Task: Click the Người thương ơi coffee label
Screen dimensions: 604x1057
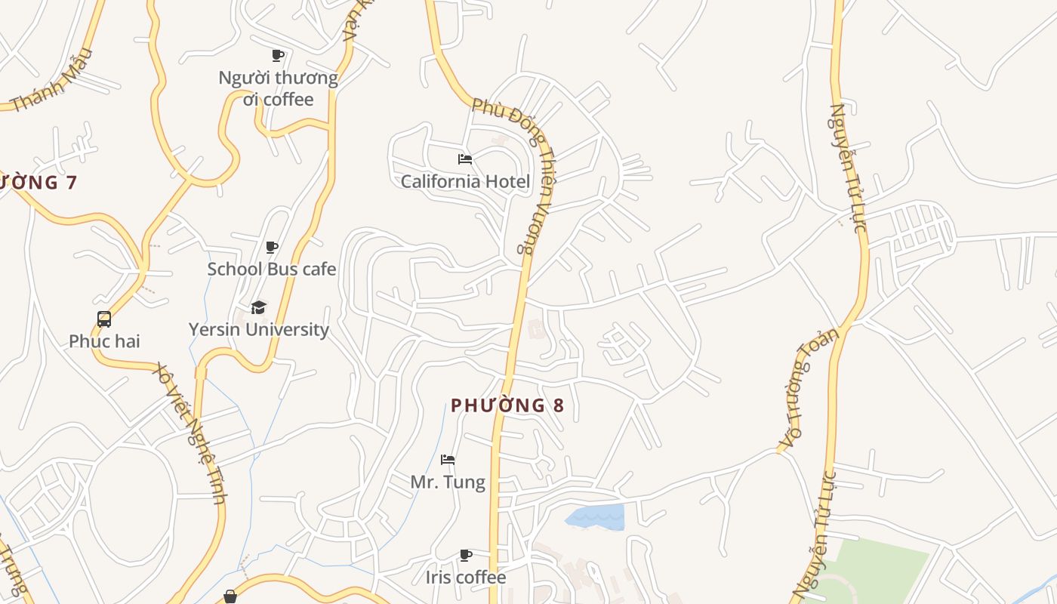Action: click(278, 88)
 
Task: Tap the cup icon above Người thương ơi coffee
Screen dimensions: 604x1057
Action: click(278, 55)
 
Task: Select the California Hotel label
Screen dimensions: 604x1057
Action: click(465, 181)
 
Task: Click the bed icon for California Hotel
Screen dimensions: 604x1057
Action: click(465, 159)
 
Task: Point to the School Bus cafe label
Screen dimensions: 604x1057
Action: click(272, 269)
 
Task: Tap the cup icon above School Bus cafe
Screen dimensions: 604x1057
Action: click(272, 247)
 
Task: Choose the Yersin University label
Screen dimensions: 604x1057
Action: click(259, 329)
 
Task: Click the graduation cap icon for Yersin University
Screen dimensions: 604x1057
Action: click(259, 307)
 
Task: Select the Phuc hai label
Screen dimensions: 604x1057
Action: click(104, 341)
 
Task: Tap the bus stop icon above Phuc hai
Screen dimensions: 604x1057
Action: click(104, 319)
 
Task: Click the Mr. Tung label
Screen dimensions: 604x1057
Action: click(448, 482)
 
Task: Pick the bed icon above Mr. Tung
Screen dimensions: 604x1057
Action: click(448, 460)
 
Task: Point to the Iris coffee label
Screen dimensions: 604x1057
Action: click(466, 578)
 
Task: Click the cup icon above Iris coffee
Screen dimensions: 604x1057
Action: click(466, 556)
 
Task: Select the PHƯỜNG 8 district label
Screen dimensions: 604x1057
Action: click(507, 405)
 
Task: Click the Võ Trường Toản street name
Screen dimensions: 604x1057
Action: click(809, 389)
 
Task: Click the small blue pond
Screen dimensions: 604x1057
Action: click(596, 517)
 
